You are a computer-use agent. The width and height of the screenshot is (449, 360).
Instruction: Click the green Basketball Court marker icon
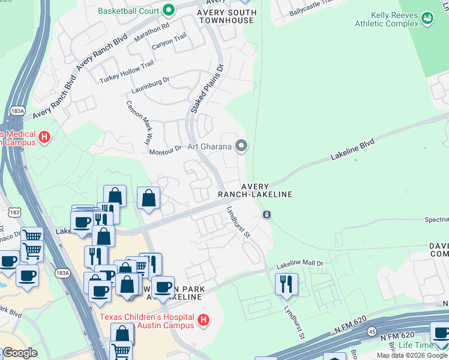[169, 10]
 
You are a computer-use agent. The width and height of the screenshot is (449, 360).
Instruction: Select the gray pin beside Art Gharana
[241, 146]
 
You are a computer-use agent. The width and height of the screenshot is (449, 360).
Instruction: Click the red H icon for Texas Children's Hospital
[203, 320]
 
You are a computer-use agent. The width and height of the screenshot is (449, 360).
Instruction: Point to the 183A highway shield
[17, 111]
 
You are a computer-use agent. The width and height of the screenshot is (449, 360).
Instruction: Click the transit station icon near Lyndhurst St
[267, 215]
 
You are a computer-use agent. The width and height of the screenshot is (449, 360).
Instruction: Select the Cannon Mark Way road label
[137, 122]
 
